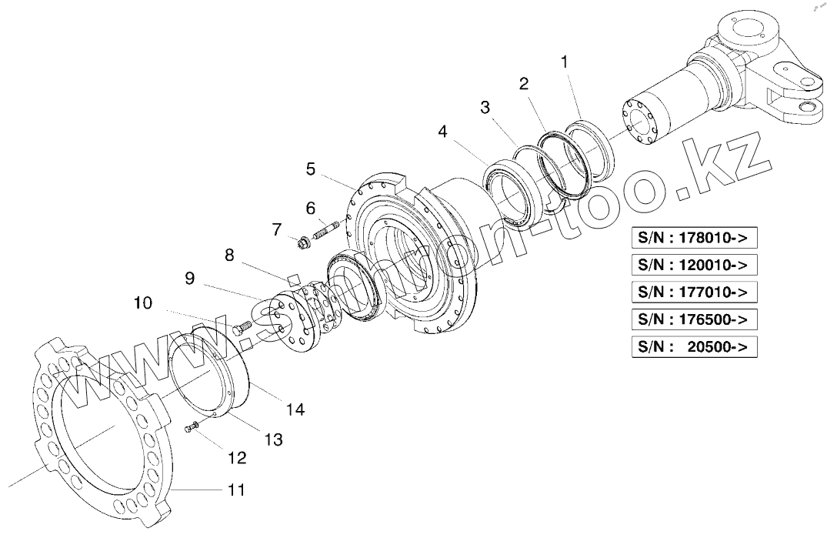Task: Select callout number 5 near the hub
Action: (x=310, y=168)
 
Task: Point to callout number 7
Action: (x=275, y=229)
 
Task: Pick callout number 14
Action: (x=295, y=409)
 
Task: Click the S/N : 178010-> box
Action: (x=693, y=239)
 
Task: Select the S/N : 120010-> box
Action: (x=693, y=266)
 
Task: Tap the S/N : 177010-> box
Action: (x=693, y=292)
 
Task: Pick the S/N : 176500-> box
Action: (x=693, y=319)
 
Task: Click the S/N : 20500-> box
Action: (x=693, y=346)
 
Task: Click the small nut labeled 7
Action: (x=302, y=244)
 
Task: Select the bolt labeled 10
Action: (x=242, y=327)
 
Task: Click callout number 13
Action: (x=273, y=439)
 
